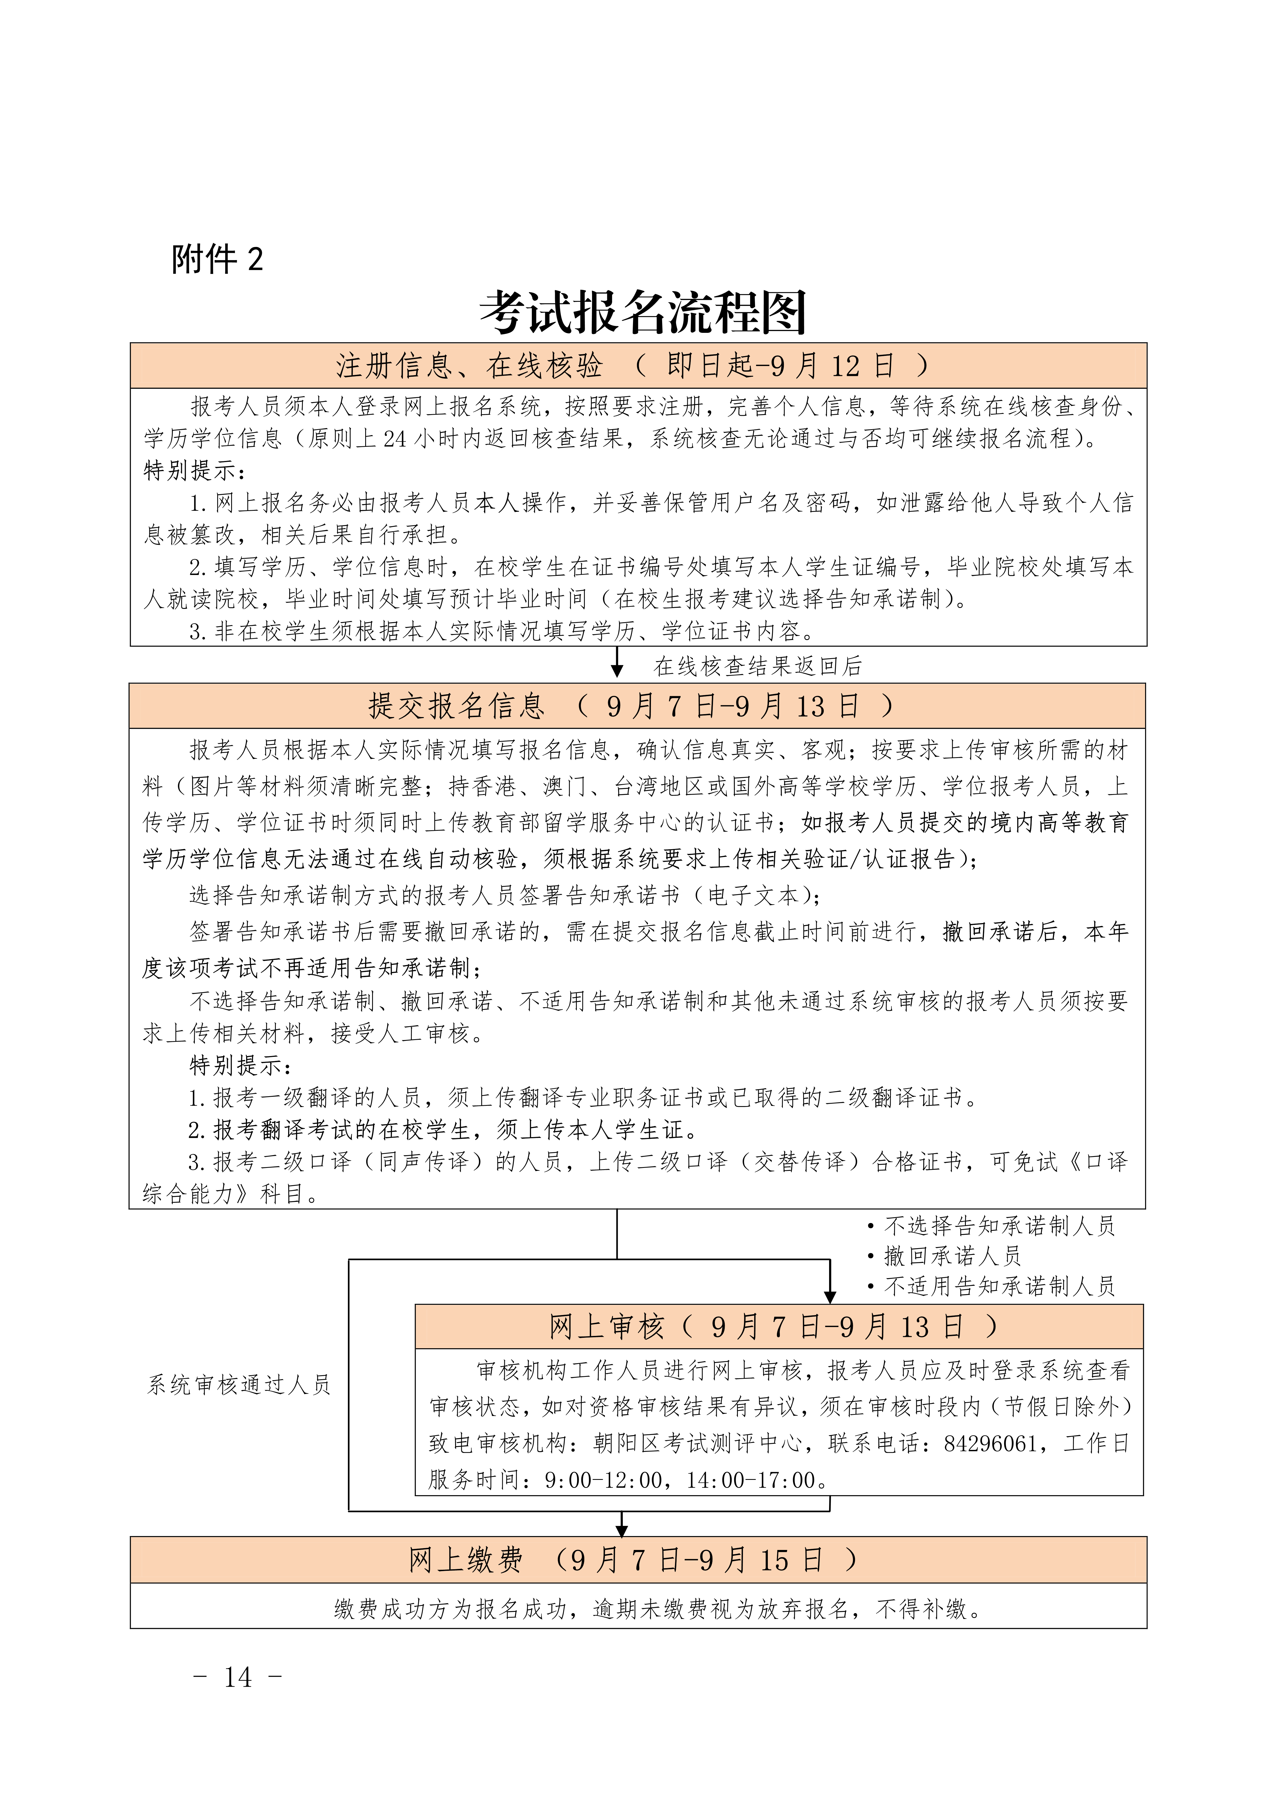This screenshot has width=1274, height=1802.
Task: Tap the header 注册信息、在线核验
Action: (x=470, y=366)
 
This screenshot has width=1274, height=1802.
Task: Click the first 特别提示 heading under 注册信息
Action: (x=195, y=471)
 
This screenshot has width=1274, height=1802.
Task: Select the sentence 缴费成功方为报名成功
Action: (x=451, y=1610)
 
